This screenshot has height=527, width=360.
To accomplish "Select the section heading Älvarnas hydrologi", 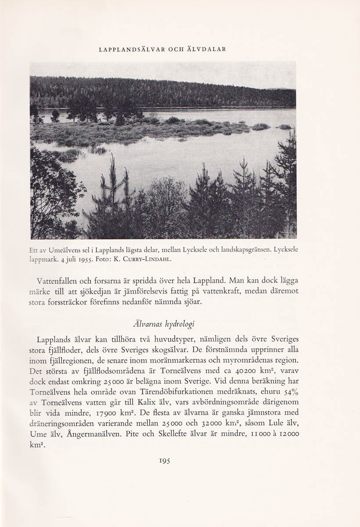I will (164, 324).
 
